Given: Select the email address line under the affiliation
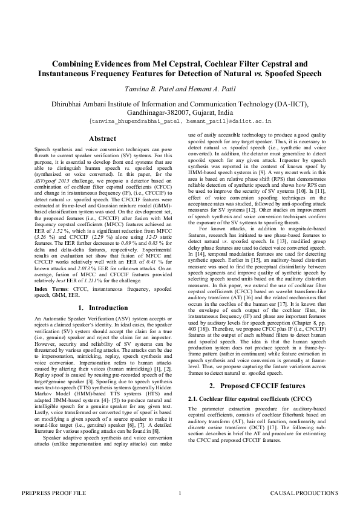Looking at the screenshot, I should pos(180,121).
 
